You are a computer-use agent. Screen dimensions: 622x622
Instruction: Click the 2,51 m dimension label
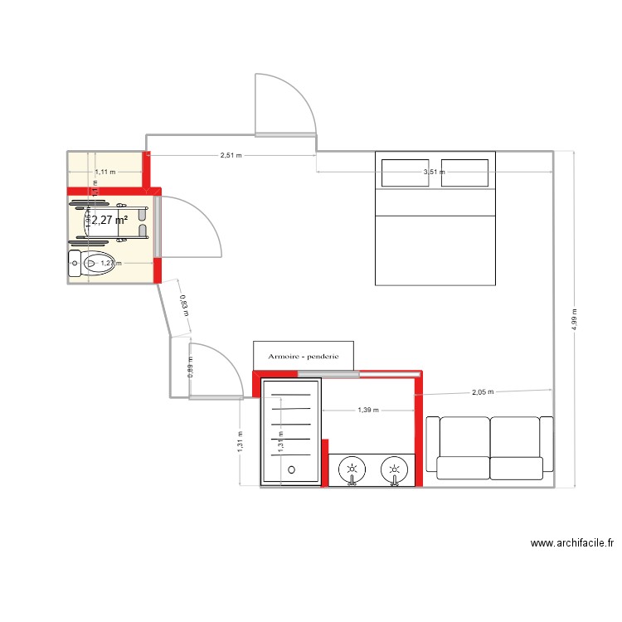[231, 155]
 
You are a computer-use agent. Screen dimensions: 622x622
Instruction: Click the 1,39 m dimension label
[368, 410]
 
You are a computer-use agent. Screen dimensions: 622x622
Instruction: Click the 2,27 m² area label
[109, 221]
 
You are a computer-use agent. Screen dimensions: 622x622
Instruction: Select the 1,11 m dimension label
[105, 172]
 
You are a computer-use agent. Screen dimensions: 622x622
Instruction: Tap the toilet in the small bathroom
[96, 264]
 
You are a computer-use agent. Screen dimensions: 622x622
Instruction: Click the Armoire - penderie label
[304, 356]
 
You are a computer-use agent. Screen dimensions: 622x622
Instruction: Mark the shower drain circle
[291, 469]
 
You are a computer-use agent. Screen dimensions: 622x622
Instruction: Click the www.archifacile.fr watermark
[571, 544]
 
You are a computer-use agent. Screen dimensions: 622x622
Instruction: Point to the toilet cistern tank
[74, 264]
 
